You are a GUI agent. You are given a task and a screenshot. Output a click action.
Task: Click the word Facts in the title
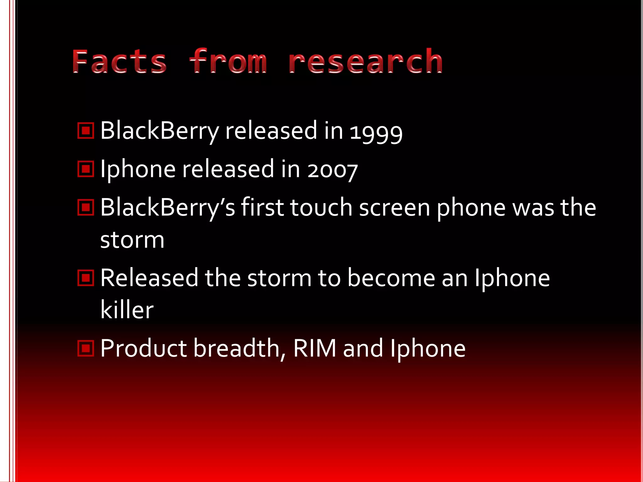pos(119,62)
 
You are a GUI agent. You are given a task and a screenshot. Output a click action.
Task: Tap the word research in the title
pos(365,62)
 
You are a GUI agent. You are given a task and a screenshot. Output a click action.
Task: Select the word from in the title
pos(228,62)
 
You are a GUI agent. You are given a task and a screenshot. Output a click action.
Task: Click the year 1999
pos(376,132)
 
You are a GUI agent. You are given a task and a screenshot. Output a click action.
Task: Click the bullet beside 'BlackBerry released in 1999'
pos(86,131)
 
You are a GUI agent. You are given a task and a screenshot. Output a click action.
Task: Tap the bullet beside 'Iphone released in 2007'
pos(86,169)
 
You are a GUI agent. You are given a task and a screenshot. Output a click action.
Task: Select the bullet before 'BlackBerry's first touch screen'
pos(86,207)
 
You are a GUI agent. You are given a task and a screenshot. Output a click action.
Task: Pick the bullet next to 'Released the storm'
pos(86,278)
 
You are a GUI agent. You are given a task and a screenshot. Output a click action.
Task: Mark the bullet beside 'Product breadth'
pos(86,348)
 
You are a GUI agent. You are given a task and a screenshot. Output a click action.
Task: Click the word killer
pos(127,310)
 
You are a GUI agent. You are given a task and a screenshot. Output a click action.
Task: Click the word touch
pos(321,207)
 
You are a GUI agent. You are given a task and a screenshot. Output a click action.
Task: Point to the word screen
pos(394,208)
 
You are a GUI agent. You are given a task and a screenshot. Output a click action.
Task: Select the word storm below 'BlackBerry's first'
pos(132,240)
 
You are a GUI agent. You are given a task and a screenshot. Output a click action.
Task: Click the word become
pos(391,278)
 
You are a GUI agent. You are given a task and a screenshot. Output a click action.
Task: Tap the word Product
pos(143,348)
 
